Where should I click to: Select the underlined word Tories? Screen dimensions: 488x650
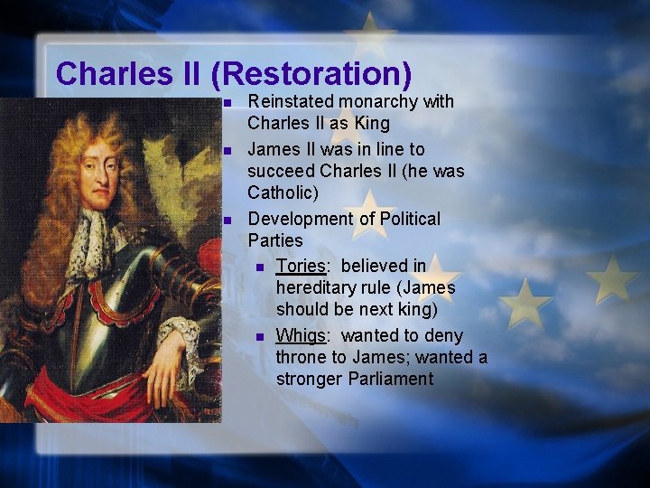point(300,266)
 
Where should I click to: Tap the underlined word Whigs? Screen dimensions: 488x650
point(300,335)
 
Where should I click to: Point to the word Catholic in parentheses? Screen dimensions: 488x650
point(282,192)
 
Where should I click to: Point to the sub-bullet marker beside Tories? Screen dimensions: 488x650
point(259,267)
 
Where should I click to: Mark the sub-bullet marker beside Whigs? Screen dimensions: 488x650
point(259,336)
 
